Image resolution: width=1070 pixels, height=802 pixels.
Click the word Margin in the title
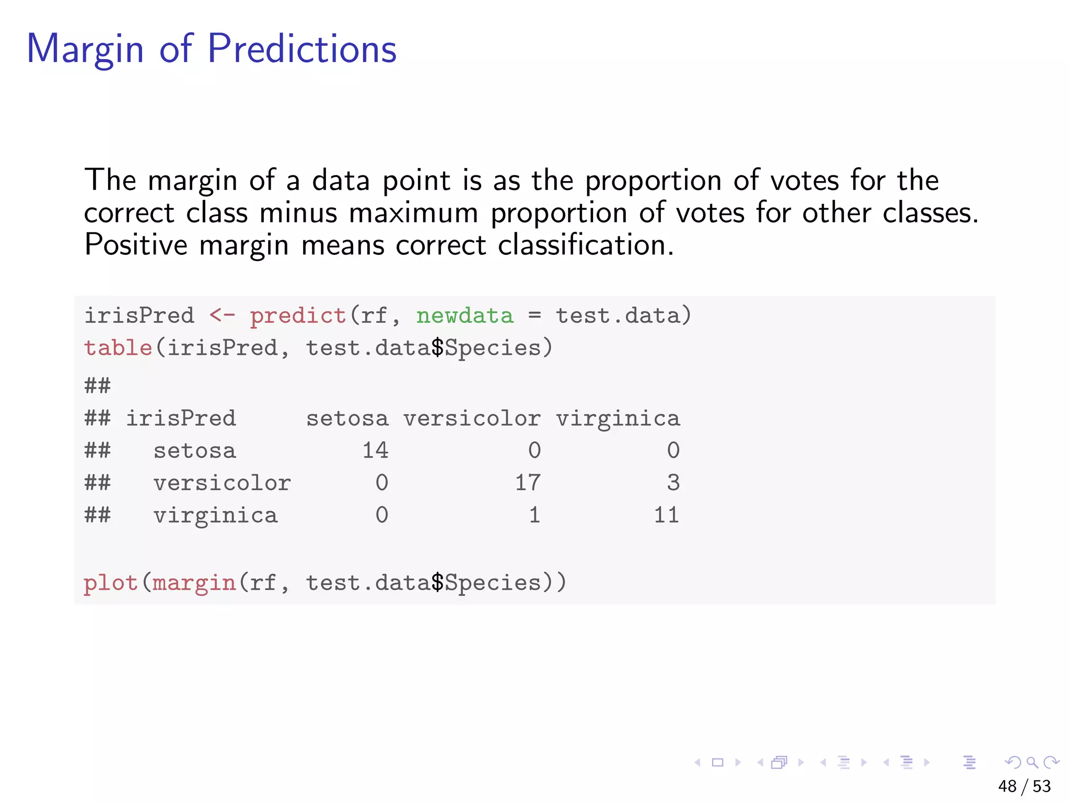[85, 50]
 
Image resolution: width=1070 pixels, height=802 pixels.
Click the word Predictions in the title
[302, 49]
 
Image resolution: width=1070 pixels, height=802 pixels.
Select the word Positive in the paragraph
[135, 245]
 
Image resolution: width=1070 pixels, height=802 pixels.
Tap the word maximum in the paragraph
[413, 213]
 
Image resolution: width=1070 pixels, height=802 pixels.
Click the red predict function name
[298, 316]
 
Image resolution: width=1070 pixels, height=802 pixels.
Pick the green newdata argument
[465, 316]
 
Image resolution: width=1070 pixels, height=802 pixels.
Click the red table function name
[118, 348]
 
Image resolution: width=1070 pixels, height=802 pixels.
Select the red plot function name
[111, 583]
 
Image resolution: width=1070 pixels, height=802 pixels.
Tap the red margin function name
[194, 583]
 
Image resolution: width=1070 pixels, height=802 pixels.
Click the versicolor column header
[472, 419]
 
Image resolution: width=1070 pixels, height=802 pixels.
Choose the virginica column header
[618, 419]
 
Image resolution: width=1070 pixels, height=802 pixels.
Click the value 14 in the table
[376, 451]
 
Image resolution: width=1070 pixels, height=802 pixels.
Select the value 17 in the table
[528, 483]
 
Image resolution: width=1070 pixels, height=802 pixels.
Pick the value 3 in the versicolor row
[673, 483]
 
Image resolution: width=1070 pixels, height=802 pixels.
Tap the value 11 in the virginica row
[666, 515]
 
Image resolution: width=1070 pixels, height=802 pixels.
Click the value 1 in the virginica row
[534, 515]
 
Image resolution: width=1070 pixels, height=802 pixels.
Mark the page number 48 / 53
[1024, 786]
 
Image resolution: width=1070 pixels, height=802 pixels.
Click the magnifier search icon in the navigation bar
[1032, 763]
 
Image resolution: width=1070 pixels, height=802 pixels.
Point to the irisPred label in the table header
[181, 419]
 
